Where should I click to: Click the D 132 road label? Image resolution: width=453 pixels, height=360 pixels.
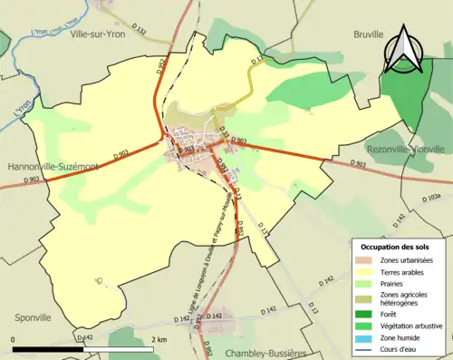[139, 32]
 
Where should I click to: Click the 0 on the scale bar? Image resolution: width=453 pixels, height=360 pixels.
[13, 338]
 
